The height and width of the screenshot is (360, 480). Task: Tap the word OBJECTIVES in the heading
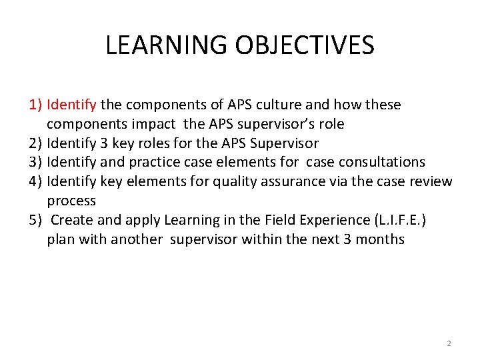tap(306, 45)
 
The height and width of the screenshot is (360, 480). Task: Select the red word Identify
tap(72, 105)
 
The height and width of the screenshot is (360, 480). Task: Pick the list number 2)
tap(36, 143)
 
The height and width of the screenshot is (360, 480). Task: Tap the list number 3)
tap(36, 162)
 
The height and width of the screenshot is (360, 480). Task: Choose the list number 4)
tap(36, 181)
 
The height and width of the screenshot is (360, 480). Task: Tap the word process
tap(71, 201)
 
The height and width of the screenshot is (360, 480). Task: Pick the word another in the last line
tap(137, 239)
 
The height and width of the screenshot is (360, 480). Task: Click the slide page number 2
tap(448, 343)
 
